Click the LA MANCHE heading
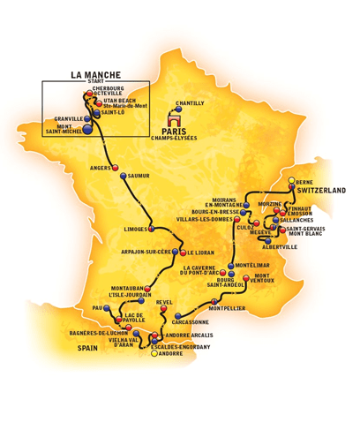tap(95, 75)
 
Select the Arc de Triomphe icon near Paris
tap(175, 117)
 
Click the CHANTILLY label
tap(191, 103)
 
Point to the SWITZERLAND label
tap(321, 190)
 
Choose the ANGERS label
tap(102, 168)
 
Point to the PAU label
tap(97, 308)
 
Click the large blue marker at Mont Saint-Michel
tap(86, 130)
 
